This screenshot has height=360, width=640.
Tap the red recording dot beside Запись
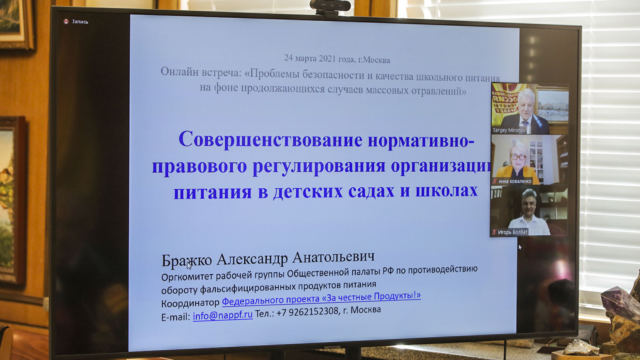pyautogui.click(x=66, y=22)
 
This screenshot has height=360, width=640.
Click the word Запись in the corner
pyautogui.click(x=80, y=22)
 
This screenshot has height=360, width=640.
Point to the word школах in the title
pyautogui.click(x=446, y=190)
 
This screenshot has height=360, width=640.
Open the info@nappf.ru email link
pyautogui.click(x=222, y=315)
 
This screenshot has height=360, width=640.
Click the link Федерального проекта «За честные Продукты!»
pyautogui.click(x=321, y=298)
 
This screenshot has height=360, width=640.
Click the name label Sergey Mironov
pyautogui.click(x=509, y=130)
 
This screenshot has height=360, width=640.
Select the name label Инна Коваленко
pyautogui.click(x=515, y=181)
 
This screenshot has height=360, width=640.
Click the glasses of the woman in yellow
pyautogui.click(x=518, y=156)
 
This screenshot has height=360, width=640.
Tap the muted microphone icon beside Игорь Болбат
pyautogui.click(x=494, y=232)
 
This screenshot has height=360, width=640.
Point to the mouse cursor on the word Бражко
pyautogui.click(x=189, y=266)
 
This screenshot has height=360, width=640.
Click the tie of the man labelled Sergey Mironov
pyautogui.click(x=525, y=125)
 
